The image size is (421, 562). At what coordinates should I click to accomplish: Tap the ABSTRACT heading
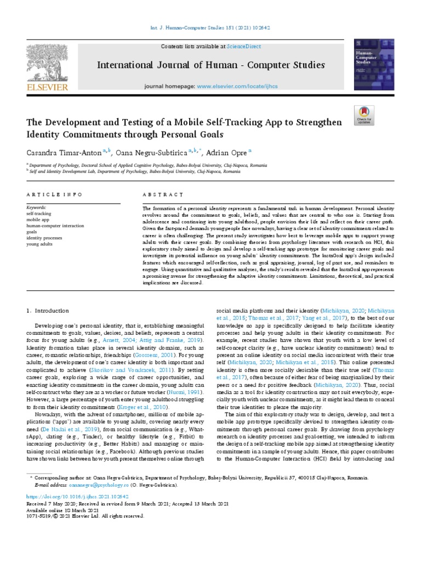(163, 195)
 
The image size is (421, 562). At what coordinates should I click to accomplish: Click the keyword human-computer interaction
(55, 226)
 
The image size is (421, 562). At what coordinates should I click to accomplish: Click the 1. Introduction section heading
(48, 311)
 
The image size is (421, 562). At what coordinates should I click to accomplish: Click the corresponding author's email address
(90, 485)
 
